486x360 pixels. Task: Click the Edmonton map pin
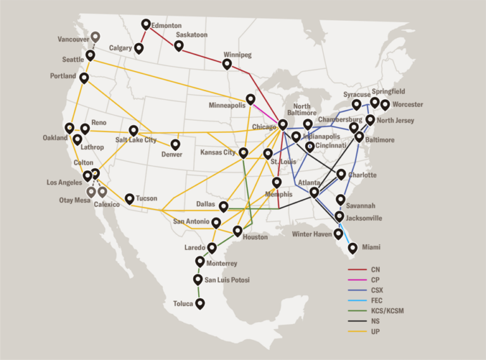pos(146,25)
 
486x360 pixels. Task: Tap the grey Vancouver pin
pos(95,37)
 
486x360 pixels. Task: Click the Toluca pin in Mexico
pos(200,304)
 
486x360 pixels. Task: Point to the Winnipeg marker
pos(227,64)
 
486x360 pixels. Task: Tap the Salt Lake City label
pos(135,140)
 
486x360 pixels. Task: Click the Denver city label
pos(171,154)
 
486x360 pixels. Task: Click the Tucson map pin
pos(129,199)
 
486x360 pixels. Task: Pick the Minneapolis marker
pos(251,99)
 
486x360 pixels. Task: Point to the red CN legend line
pos(358,270)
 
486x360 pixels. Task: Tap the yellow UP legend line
pos(358,331)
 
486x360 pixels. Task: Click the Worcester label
pos(408,104)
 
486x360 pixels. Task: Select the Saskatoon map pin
pos(179,46)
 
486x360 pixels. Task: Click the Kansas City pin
pos(243,152)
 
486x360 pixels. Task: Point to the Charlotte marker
pos(341,174)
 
